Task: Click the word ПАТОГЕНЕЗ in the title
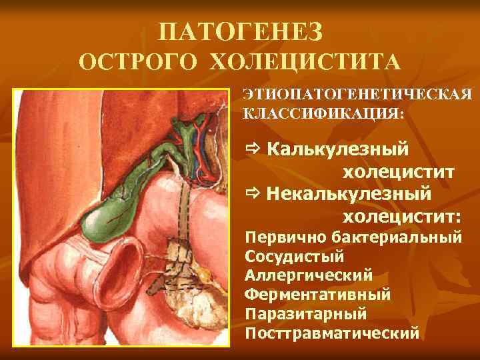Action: click(x=241, y=31)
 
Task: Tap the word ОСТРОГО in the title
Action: click(x=139, y=63)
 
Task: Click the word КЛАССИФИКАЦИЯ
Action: click(x=323, y=113)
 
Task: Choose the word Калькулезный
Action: click(x=338, y=149)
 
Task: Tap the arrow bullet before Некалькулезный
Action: click(x=253, y=194)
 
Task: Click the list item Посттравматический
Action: click(x=333, y=331)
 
